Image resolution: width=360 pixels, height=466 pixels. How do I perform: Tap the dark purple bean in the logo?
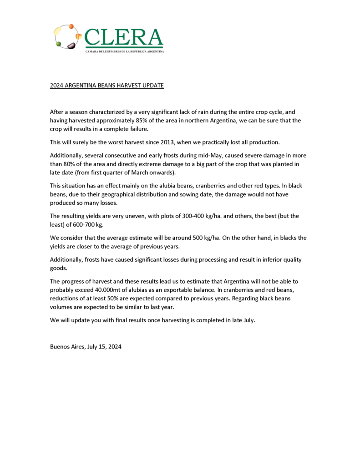[x=71, y=45]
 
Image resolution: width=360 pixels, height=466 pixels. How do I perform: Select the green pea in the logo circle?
[x=59, y=44]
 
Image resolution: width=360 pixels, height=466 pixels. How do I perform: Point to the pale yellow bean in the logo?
[x=58, y=31]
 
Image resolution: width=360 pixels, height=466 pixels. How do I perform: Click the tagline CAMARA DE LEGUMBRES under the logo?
[x=124, y=51]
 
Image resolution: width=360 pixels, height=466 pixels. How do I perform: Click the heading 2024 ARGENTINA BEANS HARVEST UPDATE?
[x=106, y=86]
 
